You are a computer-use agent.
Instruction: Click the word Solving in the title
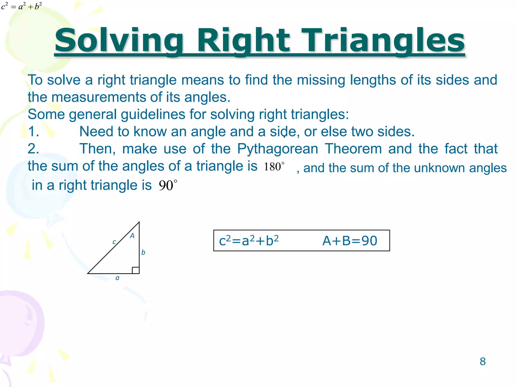tap(119, 40)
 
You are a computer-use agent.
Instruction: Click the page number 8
tap(482, 362)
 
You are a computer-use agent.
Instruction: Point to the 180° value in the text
tap(274, 167)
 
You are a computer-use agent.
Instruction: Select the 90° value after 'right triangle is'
tap(168, 185)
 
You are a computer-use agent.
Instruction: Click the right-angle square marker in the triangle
tap(136, 270)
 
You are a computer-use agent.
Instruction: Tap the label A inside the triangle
tap(132, 236)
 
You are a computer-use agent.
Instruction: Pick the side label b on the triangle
tap(143, 252)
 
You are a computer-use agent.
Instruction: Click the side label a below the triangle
tap(117, 278)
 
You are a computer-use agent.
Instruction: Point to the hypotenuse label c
tap(114, 242)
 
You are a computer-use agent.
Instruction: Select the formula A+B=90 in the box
tap(350, 241)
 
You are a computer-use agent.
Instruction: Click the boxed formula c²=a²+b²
tap(249, 241)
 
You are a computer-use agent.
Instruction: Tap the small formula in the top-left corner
tap(21, 6)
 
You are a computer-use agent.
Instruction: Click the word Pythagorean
tap(277, 149)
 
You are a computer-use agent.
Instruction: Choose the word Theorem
tap(353, 149)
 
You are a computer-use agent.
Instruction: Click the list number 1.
tap(33, 132)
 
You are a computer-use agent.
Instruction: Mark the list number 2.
tap(33, 149)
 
